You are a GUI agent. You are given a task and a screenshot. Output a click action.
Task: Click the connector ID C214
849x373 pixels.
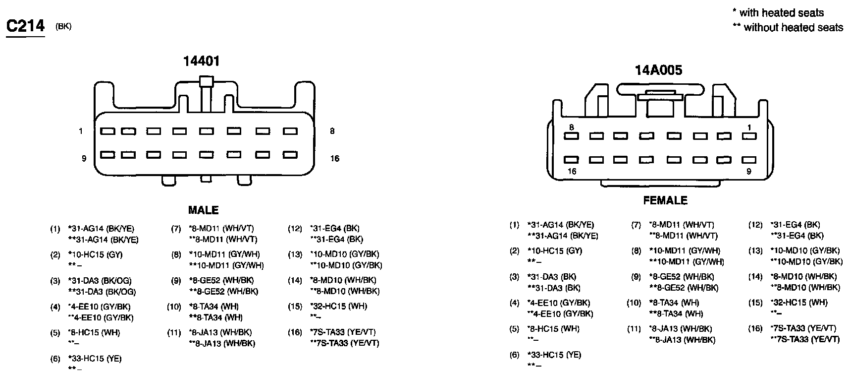25,26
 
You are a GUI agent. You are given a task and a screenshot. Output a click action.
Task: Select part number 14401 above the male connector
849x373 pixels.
201,61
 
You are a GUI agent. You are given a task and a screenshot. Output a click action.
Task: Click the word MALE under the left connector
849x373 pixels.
203,210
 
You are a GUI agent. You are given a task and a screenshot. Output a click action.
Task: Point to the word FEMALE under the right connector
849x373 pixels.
665,200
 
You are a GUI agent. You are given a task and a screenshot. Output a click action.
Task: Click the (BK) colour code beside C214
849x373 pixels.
63,27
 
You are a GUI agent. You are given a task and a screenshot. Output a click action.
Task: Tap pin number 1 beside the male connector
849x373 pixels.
80,131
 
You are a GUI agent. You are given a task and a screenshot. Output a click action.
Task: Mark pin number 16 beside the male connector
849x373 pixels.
335,159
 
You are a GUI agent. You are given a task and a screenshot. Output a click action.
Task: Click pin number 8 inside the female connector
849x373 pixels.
571,127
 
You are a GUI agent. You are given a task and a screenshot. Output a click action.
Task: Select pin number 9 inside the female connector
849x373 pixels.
749,171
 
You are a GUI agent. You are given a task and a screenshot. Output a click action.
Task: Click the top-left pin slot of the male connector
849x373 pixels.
108,131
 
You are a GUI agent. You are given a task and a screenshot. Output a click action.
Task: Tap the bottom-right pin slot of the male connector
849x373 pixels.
289,155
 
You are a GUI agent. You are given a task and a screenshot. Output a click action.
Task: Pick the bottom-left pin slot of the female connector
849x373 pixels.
572,160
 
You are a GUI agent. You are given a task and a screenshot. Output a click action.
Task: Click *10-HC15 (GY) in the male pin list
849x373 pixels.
95,255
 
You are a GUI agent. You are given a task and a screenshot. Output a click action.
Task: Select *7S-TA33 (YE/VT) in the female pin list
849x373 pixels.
803,328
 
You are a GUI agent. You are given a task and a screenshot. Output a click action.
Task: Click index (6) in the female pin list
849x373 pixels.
515,355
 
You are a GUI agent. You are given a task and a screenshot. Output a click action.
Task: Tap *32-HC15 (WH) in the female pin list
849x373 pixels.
799,303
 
